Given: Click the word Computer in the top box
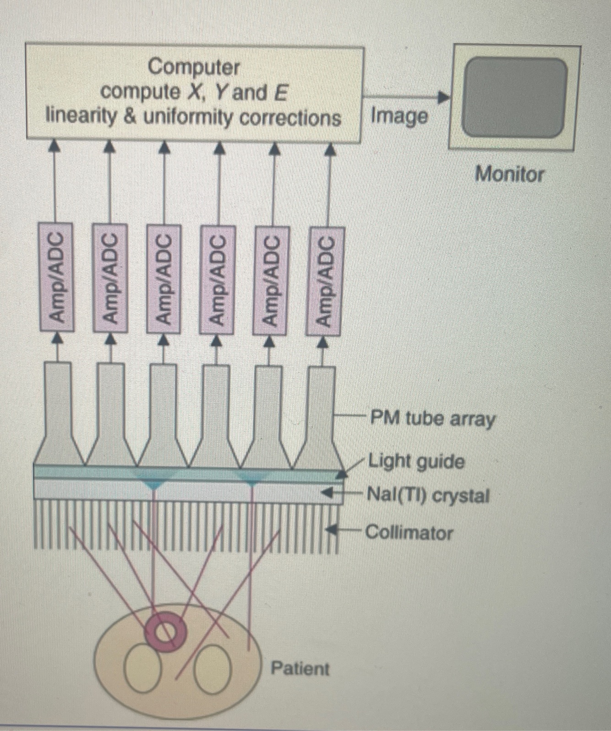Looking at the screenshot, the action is [194, 68].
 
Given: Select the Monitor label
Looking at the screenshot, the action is [509, 175].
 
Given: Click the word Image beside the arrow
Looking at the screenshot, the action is [399, 117].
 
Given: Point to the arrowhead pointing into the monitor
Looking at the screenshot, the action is [443, 97].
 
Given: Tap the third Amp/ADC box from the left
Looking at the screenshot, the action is [163, 278].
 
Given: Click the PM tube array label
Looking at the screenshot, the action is [432, 419].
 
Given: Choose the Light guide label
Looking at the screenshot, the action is [417, 462].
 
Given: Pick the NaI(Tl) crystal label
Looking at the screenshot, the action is [428, 496].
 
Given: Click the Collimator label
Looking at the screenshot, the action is [409, 533].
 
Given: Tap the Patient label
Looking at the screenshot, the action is [300, 669].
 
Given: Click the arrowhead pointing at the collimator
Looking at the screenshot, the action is [331, 530].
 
